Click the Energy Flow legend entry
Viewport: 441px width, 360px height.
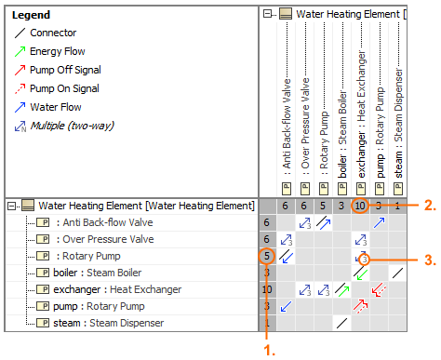[x=49, y=51]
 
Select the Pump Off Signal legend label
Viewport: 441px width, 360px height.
[x=65, y=70]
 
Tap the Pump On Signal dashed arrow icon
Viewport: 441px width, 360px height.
[x=20, y=88]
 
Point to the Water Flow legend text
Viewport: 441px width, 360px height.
[x=56, y=107]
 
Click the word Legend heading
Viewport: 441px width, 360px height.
[x=31, y=15]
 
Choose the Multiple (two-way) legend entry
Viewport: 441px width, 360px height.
[x=64, y=126]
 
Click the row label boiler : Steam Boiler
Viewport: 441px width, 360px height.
[x=97, y=273]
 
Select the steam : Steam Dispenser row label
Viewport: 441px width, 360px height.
[x=108, y=323]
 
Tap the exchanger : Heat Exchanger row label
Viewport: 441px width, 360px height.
[x=117, y=289]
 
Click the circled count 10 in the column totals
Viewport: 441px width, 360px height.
[x=360, y=206]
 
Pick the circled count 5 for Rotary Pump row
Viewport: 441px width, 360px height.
[x=267, y=256]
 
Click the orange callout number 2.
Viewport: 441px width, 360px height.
[x=430, y=206]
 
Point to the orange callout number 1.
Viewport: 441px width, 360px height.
[x=269, y=351]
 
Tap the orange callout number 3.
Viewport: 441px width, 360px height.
[x=430, y=260]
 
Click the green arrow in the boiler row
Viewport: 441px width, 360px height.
[x=362, y=274]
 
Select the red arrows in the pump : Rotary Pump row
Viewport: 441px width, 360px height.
[x=360, y=306]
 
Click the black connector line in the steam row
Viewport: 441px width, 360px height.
[x=341, y=323]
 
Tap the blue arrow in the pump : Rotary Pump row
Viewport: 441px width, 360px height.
[x=286, y=306]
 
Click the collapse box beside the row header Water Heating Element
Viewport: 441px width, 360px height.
[x=11, y=206]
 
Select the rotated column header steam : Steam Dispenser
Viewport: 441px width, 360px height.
[x=398, y=124]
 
